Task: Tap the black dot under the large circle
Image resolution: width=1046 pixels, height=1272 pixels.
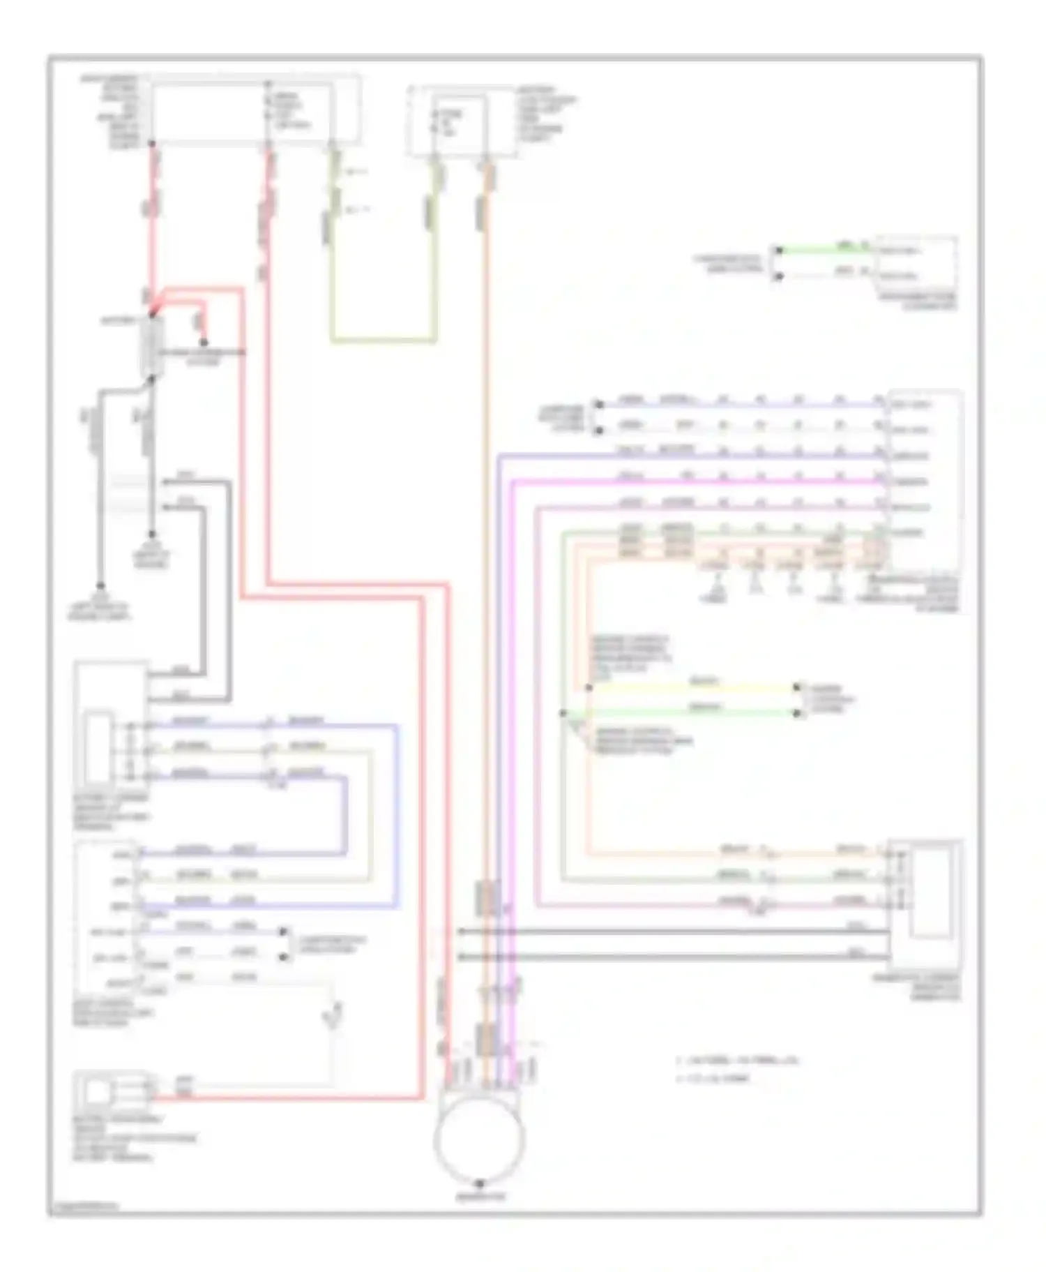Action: pyautogui.click(x=480, y=1185)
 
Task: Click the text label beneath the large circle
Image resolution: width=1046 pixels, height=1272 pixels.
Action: pyautogui.click(x=480, y=1197)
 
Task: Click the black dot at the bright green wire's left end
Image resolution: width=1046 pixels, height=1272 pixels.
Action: pyautogui.click(x=780, y=250)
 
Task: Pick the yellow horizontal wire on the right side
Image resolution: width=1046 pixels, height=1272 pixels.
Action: pyautogui.click(x=694, y=688)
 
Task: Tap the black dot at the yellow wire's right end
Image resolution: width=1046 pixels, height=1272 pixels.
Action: pyautogui.click(x=797, y=688)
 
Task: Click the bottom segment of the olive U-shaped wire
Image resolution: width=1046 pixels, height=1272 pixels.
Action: pyautogui.click(x=384, y=341)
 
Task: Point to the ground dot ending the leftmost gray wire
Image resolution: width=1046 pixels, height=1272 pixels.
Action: pyautogui.click(x=101, y=586)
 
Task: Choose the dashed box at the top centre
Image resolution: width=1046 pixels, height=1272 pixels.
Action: pyautogui.click(x=462, y=121)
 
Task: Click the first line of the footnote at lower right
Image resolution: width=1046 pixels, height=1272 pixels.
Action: pyautogui.click(x=738, y=1061)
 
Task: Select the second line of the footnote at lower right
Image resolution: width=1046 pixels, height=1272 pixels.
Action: pyautogui.click(x=713, y=1079)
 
